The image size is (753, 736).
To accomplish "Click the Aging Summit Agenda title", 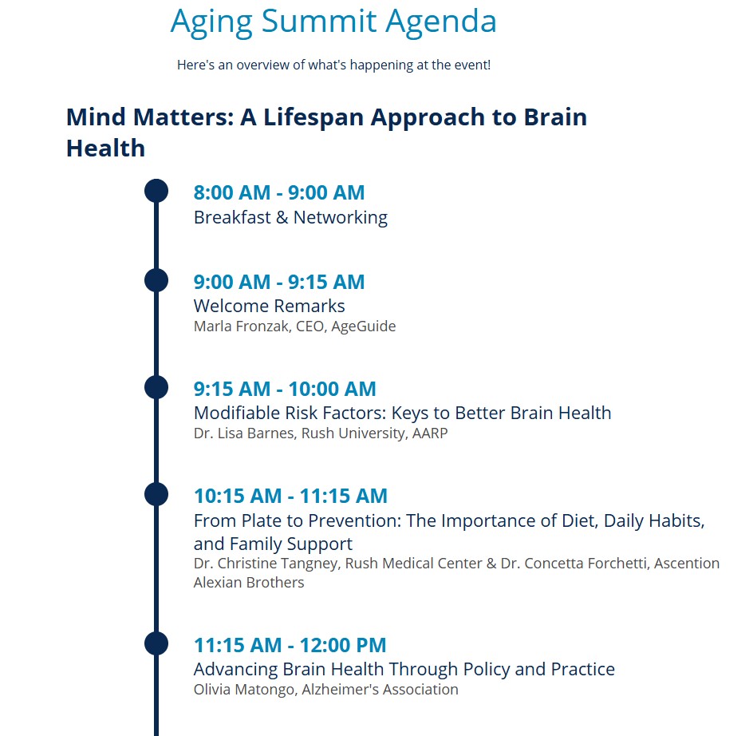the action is (333, 22).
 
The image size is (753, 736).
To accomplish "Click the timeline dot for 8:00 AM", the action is (156, 191).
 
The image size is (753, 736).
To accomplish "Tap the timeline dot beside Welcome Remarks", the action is (156, 280).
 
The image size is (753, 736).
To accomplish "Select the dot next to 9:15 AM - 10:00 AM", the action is (156, 387).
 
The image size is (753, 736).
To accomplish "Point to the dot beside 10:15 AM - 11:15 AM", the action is (156, 494).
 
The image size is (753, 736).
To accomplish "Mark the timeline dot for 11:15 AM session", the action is (156, 643).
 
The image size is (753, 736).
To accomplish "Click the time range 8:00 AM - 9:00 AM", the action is (279, 192).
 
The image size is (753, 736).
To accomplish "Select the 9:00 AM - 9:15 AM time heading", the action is (279, 283).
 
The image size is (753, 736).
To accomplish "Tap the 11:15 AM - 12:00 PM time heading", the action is (290, 645).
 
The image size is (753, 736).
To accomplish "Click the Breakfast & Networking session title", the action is (290, 217).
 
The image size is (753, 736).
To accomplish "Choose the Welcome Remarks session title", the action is (270, 307).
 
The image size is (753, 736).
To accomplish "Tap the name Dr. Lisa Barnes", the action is (245, 433).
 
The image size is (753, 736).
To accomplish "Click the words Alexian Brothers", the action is (249, 583).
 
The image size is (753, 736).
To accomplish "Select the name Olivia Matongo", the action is (245, 690).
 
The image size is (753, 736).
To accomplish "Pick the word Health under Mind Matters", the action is (105, 148).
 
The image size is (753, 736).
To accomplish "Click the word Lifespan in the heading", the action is (313, 118).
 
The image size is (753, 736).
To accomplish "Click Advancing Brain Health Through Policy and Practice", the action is (404, 669).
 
